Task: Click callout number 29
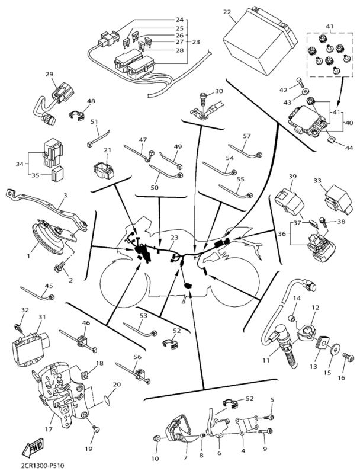[x=49, y=74]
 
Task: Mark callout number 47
[x=142, y=140]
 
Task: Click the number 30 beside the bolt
[x=218, y=91]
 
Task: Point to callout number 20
[x=116, y=385]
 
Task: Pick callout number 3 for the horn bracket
[x=65, y=195]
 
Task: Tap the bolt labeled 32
[x=19, y=325]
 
